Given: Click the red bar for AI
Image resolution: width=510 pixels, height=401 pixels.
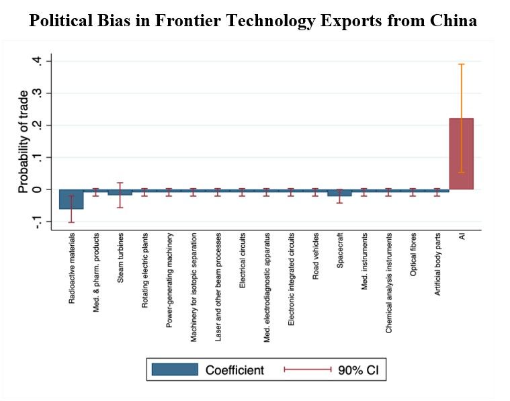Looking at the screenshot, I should point(461,154).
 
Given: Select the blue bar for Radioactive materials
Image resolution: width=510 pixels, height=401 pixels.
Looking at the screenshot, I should point(71,199).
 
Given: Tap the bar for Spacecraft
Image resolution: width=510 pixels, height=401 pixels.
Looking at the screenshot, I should point(339,193).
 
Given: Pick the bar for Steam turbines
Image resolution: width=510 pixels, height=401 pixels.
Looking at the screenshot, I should point(120,192).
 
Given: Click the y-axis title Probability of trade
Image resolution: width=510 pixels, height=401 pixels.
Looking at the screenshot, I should point(24,141).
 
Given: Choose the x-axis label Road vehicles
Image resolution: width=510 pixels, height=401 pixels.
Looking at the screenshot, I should point(315,251).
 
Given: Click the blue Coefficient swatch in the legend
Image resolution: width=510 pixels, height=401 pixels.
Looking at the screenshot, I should point(175,369).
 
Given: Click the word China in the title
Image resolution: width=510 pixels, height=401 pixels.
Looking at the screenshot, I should point(453,21).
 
